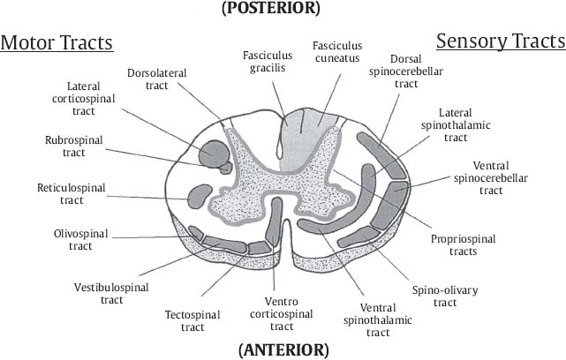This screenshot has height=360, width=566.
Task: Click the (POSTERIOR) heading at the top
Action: pyautogui.click(x=283, y=9)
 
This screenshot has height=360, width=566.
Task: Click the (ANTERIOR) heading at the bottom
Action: pyautogui.click(x=283, y=349)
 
